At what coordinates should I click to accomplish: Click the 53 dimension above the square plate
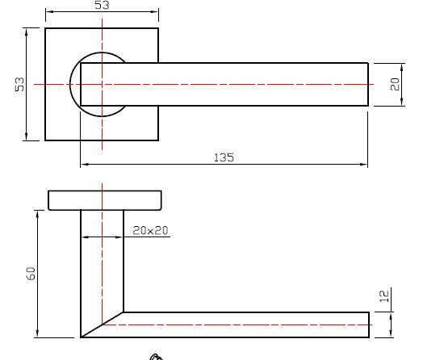coord(102,6)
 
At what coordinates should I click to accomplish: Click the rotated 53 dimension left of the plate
coord(20,84)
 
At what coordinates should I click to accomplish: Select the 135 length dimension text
coord(224,157)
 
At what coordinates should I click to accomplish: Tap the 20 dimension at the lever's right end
coord(396,84)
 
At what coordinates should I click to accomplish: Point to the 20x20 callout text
coord(150,230)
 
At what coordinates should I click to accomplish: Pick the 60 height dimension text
coord(31,273)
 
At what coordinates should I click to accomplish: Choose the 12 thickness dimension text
coord(384,296)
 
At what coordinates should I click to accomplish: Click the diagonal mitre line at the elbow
coord(103,324)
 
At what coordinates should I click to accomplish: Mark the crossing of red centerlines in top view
coord(103,84)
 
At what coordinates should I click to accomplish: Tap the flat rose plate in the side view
coord(104,200)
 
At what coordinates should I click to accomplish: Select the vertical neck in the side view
coord(103,258)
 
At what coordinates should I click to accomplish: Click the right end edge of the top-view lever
coord(368,84)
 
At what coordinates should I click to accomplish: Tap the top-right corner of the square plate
coord(158,29)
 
